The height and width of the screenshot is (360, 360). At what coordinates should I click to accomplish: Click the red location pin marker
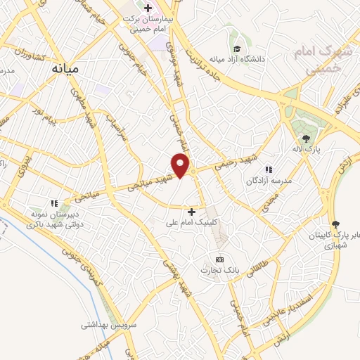pyautogui.click(x=181, y=165)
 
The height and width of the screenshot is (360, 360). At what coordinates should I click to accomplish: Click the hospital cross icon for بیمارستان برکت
pyautogui.click(x=148, y=8)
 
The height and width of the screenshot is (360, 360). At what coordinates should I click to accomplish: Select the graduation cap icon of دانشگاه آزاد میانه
pyautogui.click(x=238, y=49)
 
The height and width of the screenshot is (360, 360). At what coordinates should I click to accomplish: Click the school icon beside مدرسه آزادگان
pyautogui.click(x=268, y=169)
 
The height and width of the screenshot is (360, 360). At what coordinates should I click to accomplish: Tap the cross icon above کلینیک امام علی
pyautogui.click(x=191, y=211)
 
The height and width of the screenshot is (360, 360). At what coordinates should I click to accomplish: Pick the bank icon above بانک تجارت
pyautogui.click(x=219, y=259)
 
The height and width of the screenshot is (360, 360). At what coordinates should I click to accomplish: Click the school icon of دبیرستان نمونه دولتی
pyautogui.click(x=54, y=204)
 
